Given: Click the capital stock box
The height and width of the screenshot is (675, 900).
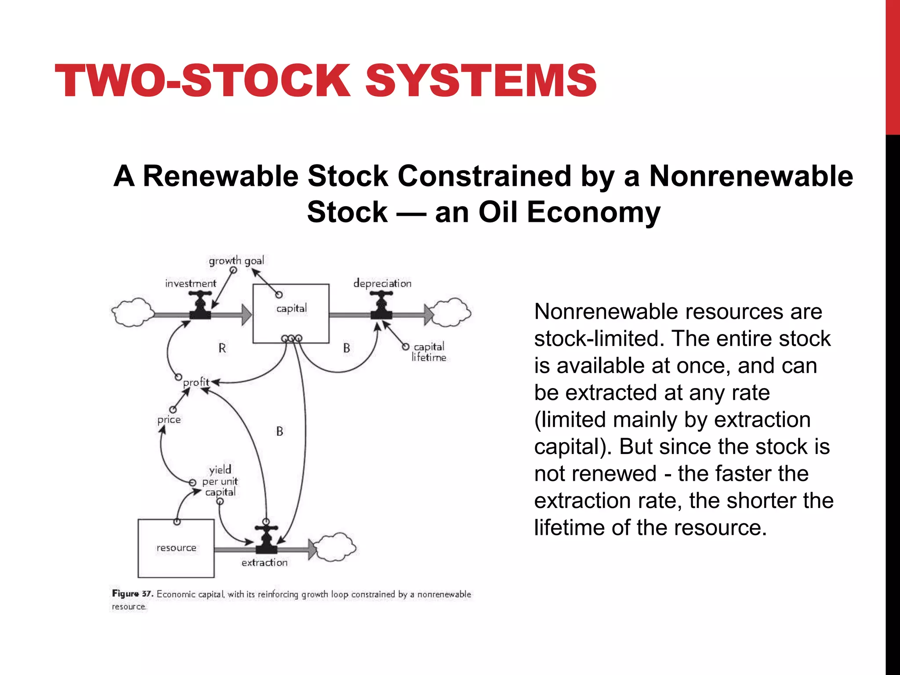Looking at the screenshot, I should (290, 313).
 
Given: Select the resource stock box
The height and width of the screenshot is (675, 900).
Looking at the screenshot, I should (176, 548).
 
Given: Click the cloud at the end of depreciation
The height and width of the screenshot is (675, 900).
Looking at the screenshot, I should (451, 312).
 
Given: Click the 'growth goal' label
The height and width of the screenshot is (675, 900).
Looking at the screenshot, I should (236, 261).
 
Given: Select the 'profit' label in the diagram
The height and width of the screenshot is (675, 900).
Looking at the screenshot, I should (196, 382).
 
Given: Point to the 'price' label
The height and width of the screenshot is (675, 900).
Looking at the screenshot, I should (169, 420).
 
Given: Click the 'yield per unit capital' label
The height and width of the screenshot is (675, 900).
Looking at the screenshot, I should (220, 481).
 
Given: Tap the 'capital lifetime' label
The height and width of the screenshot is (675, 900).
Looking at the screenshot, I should (429, 352).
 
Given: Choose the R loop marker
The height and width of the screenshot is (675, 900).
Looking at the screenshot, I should (222, 348).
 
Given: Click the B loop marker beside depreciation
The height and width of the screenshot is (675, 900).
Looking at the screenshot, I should (347, 348).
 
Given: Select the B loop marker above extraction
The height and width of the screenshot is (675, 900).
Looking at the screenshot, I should (280, 432).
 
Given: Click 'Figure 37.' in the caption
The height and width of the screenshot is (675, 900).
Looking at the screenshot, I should (132, 594).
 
